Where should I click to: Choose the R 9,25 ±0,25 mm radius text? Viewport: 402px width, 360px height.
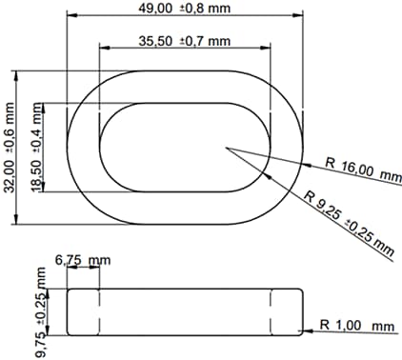click(x=349, y=224)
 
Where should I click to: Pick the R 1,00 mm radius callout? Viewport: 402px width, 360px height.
click(x=356, y=328)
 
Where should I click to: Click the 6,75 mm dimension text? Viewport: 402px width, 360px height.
click(x=82, y=259)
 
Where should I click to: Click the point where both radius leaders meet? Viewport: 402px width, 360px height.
click(x=226, y=147)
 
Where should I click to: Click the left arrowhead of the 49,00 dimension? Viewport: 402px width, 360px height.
click(x=70, y=17)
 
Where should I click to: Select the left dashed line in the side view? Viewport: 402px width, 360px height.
click(x=99, y=311)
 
